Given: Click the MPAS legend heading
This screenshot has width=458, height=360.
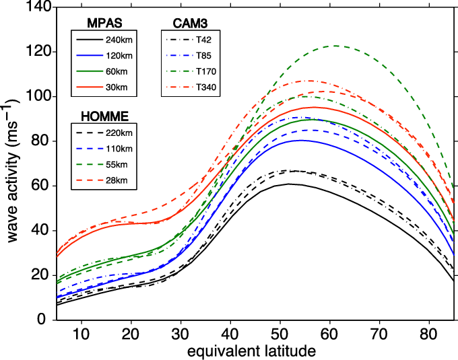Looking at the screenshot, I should pos(104,24).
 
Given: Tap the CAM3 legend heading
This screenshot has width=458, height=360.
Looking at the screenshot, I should pos(190,24).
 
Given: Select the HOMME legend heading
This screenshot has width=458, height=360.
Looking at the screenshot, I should pos(104,116).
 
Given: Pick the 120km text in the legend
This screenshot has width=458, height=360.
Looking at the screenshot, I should pos(119,55).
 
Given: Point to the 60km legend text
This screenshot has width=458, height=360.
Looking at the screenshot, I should pos(117,71).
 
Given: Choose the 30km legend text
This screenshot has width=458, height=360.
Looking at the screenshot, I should pos(117,87).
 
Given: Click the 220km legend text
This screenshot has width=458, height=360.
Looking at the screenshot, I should pos(119,133).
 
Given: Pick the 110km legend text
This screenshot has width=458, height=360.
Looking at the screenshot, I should pos(119,149).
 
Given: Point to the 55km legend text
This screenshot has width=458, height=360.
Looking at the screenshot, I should pos(117,165).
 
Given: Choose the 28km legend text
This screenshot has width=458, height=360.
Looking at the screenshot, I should pos(117,181).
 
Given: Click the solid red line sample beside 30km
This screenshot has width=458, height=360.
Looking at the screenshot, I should pos(88,87).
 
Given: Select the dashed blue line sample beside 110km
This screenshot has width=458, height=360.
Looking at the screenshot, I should pos(88,149).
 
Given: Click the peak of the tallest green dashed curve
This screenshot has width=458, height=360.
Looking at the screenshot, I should pos(335,46).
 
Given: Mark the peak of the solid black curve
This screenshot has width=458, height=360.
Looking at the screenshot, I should pos(290,184).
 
